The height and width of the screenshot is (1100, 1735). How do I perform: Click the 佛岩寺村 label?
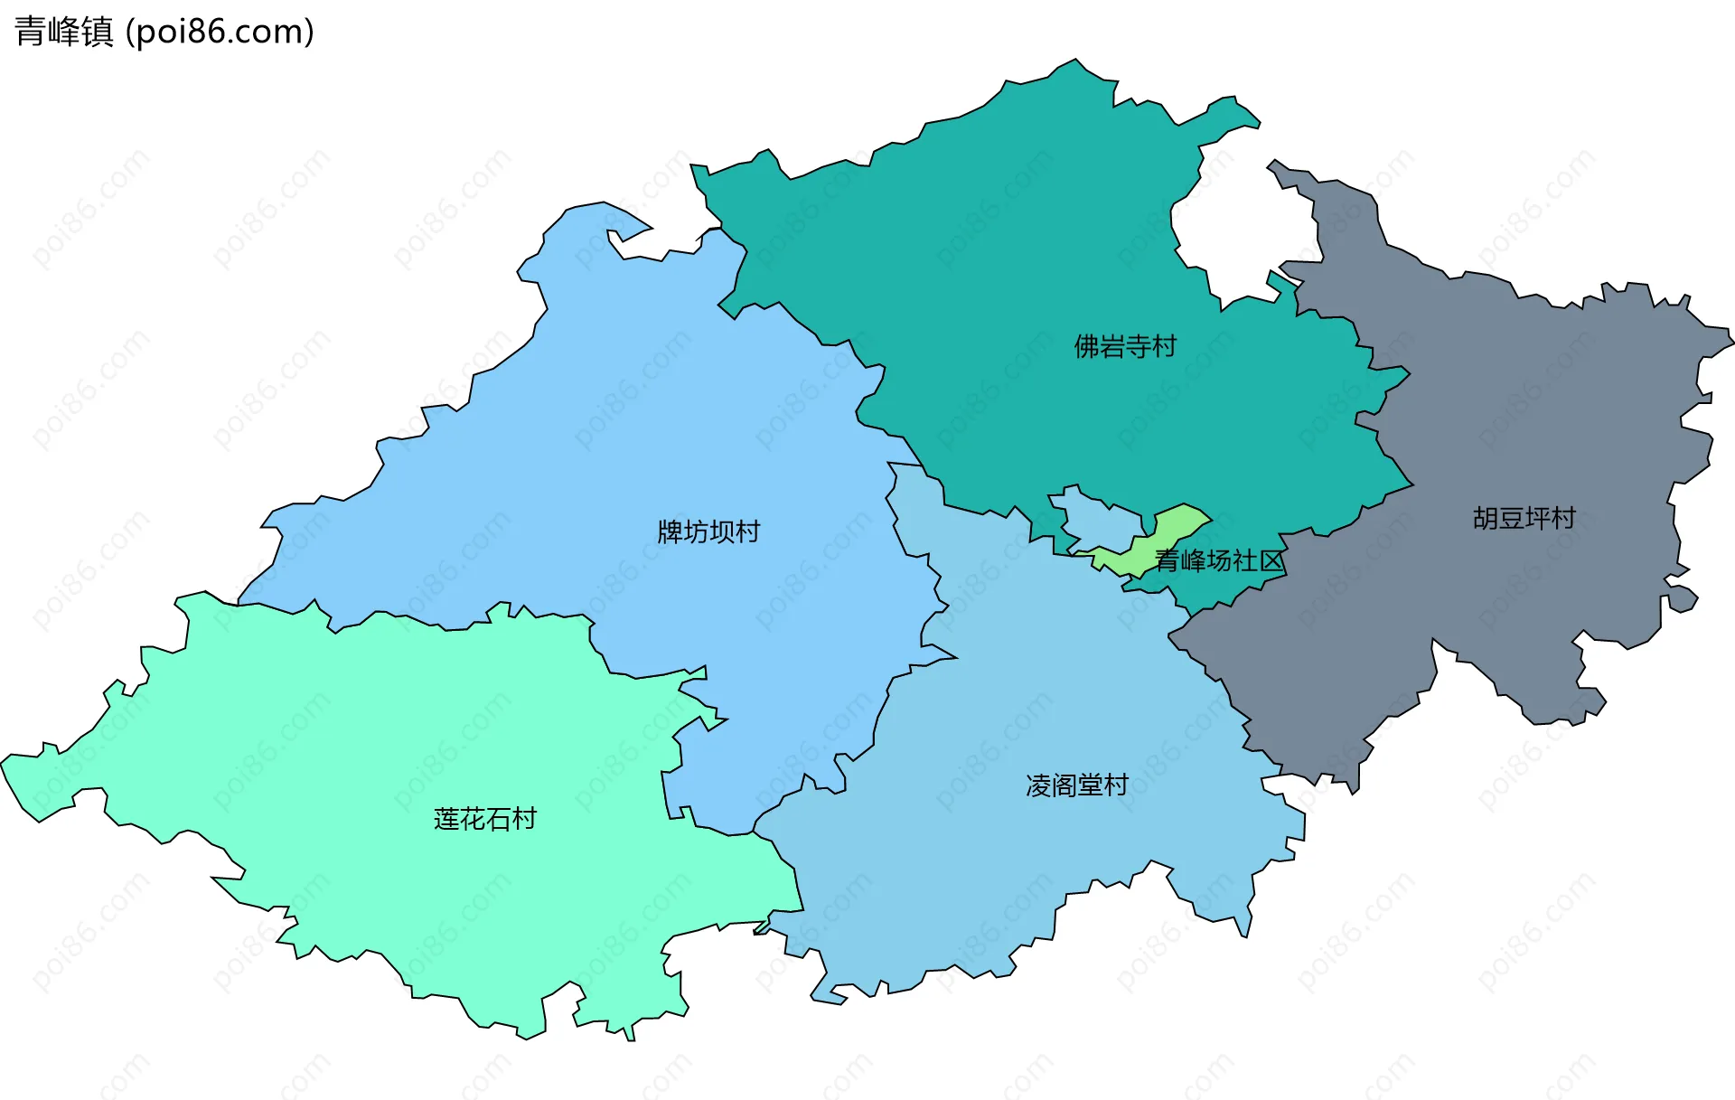[x=1125, y=346]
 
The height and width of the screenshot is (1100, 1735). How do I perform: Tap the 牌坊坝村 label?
[x=708, y=531]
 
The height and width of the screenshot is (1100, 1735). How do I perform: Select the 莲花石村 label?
[x=485, y=819]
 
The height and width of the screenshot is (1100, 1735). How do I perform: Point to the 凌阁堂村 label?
[x=1077, y=785]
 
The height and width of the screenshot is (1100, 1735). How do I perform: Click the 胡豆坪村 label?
[x=1524, y=518]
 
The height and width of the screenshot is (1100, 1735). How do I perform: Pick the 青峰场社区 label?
[x=1219, y=561]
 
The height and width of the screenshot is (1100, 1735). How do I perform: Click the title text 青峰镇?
[x=64, y=32]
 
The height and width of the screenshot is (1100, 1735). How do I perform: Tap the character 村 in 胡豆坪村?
[x=1563, y=518]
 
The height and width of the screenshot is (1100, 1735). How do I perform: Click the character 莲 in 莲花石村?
[x=446, y=819]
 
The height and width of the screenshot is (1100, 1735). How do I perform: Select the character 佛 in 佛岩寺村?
[x=1086, y=346]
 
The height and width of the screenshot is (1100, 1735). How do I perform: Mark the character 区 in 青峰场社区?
[x=1271, y=561]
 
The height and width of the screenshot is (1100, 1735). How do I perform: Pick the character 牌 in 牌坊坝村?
[x=670, y=531]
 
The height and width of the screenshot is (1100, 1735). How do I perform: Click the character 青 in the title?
[x=30, y=32]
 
